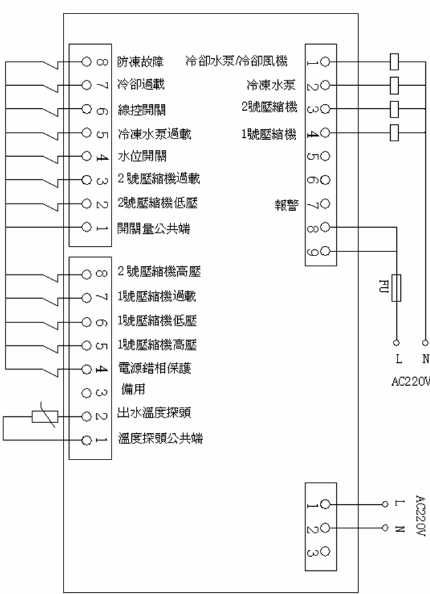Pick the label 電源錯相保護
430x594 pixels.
154,368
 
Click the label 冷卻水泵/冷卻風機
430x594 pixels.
237,62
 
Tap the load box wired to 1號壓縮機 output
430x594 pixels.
396,132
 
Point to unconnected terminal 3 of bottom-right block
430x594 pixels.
325,551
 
